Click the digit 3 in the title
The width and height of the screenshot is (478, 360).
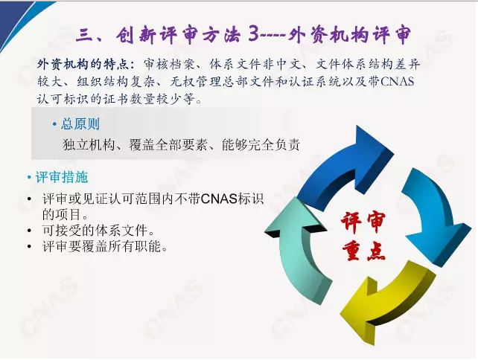[254, 33]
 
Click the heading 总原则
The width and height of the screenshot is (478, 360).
[80, 124]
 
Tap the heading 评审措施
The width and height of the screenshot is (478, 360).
[62, 177]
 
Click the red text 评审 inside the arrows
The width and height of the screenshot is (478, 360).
[363, 222]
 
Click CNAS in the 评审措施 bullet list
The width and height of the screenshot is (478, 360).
[219, 199]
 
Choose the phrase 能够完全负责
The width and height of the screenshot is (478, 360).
[261, 145]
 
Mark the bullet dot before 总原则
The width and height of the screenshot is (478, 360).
[54, 124]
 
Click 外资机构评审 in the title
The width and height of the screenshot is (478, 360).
[349, 34]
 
